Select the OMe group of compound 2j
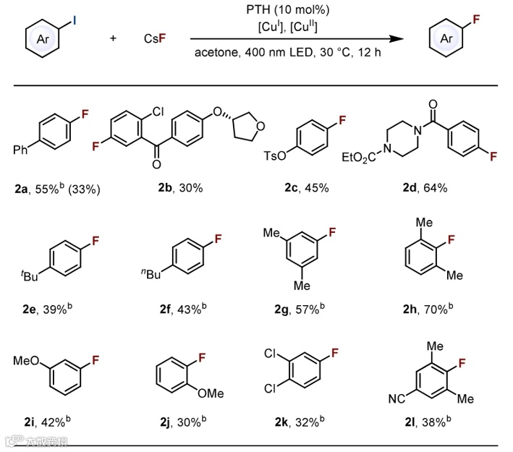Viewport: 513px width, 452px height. coord(211,393)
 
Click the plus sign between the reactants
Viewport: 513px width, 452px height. coord(112,38)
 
